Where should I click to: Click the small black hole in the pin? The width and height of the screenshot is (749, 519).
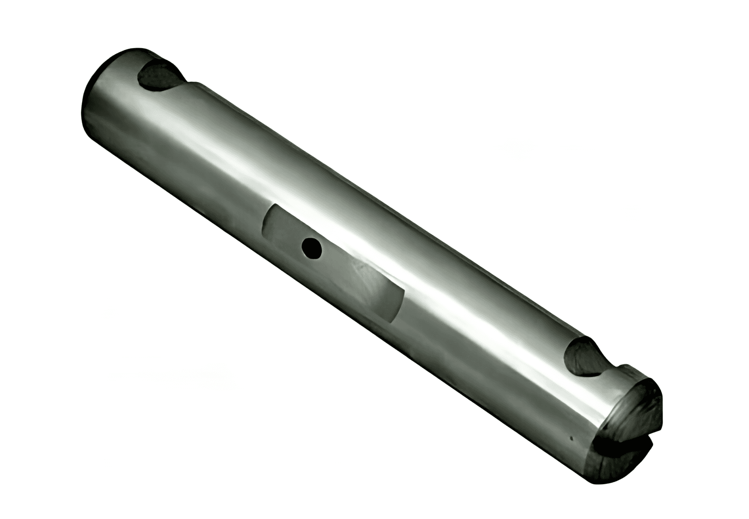(x=311, y=248)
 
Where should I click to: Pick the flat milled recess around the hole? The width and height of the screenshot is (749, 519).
(x=334, y=262)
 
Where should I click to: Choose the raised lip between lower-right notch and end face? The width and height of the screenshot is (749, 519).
(x=626, y=370)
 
